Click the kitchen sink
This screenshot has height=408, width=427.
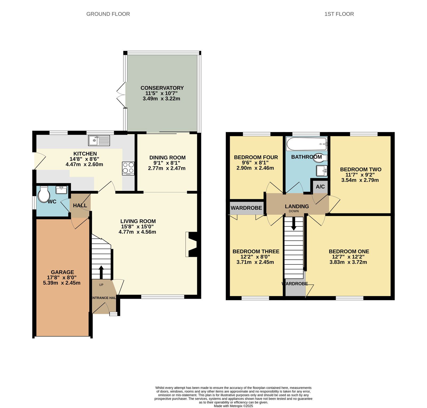point(99,141)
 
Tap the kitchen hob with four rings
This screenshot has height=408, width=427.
point(128,169)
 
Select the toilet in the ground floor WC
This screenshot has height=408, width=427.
point(43,194)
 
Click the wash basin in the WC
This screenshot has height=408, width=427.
point(62,190)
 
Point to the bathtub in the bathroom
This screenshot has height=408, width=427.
point(307,144)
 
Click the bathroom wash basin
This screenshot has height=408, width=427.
point(322,171)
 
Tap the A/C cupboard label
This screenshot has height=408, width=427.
point(320,187)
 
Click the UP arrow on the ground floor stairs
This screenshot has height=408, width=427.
point(101,272)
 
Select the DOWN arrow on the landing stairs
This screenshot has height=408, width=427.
point(294,223)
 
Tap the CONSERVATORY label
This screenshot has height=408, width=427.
point(162,88)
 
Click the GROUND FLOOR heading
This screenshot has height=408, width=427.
point(108,14)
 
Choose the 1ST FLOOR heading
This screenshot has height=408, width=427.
point(339,14)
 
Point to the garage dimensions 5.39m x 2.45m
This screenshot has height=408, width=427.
point(62,283)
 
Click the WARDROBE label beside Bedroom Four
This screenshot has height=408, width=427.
point(246,208)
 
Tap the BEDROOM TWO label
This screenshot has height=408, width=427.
point(361,169)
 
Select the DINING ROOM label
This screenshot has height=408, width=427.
point(167,158)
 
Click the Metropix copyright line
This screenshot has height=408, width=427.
point(233,406)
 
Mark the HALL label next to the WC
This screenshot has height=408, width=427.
point(80,205)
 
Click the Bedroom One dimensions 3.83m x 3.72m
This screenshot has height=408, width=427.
point(348,262)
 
